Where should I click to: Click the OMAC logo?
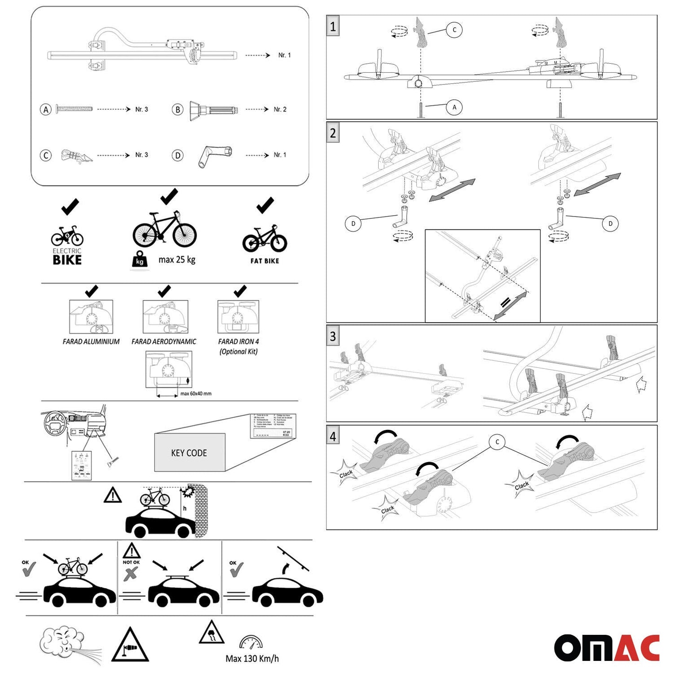pos(606,647)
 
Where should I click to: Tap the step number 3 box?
pos(333,336)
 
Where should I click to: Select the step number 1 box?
pos(333,27)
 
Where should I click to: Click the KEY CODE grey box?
pos(190,453)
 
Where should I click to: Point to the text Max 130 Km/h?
pos(252,659)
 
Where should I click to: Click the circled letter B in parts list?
pos(177,109)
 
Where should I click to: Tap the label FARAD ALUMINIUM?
pos(91,341)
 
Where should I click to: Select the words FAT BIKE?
pos(265,261)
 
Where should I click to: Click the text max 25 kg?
pos(177,259)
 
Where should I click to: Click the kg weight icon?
pos(140,260)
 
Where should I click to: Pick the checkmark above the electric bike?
pos(70,207)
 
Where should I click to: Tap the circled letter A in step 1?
pos(454,108)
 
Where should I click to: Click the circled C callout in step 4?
pos(497,442)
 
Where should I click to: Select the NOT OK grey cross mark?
pos(130,574)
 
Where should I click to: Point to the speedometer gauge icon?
pos(251,643)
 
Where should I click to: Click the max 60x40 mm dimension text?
pos(196,394)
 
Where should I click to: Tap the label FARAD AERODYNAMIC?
pos(164,341)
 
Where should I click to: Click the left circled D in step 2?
pos(353,224)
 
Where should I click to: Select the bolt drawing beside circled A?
pos(75,109)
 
